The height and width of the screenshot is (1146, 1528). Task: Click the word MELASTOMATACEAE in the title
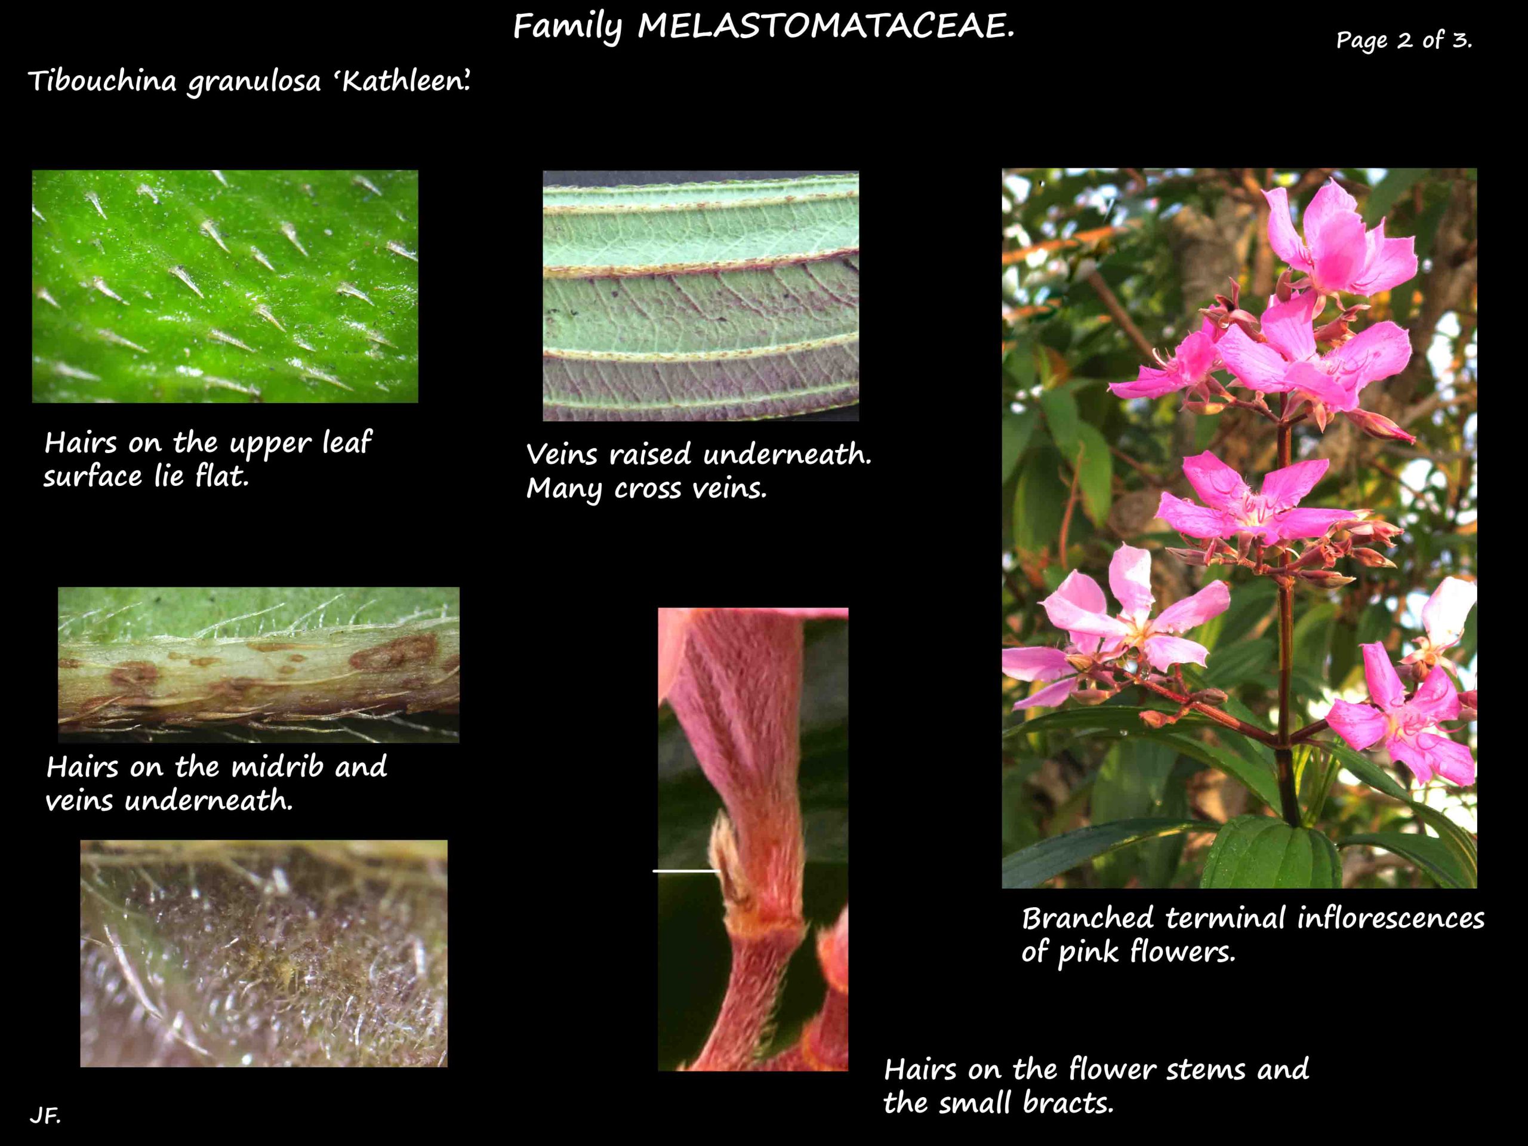[x=825, y=27]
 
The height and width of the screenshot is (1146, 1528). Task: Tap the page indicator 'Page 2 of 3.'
[x=1404, y=40]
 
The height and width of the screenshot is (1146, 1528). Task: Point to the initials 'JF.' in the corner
[x=45, y=1115]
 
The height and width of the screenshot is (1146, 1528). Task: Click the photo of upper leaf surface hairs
[x=224, y=286]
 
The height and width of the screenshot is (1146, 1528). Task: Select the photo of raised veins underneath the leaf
[x=701, y=295]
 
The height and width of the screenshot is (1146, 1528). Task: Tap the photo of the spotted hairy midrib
[x=258, y=664]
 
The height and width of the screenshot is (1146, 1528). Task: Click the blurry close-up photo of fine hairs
[x=263, y=953]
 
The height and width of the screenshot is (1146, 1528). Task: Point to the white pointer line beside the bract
[x=686, y=871]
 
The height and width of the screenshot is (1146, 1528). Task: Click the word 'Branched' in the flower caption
[x=1088, y=919]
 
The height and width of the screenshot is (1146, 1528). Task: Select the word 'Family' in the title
[x=567, y=27]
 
